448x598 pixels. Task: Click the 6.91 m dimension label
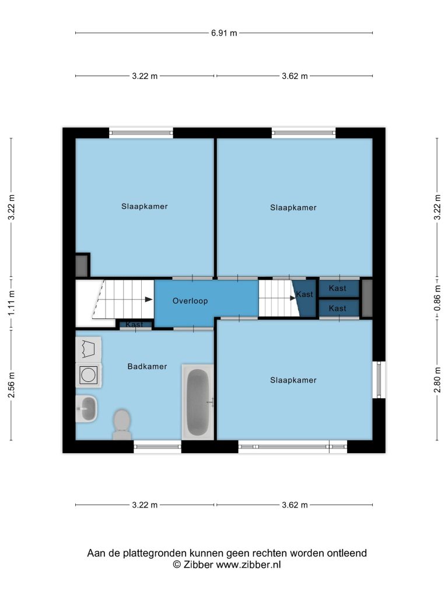224,33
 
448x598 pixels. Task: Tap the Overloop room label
190,301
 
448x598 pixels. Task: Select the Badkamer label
147,367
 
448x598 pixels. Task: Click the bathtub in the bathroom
198,402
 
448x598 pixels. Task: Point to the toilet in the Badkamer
122,424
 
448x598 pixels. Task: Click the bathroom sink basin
86,409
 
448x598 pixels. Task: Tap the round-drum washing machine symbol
89,375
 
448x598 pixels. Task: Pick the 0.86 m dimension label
437,298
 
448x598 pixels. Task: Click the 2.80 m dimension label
437,380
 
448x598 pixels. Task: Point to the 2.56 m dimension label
12,385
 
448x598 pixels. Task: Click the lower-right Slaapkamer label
293,380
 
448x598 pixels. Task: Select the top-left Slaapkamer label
145,206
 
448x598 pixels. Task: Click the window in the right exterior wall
379,380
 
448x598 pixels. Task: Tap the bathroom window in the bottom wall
157,447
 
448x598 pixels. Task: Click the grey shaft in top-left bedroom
82,266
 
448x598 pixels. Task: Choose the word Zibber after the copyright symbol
198,565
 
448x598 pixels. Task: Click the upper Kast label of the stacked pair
338,288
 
